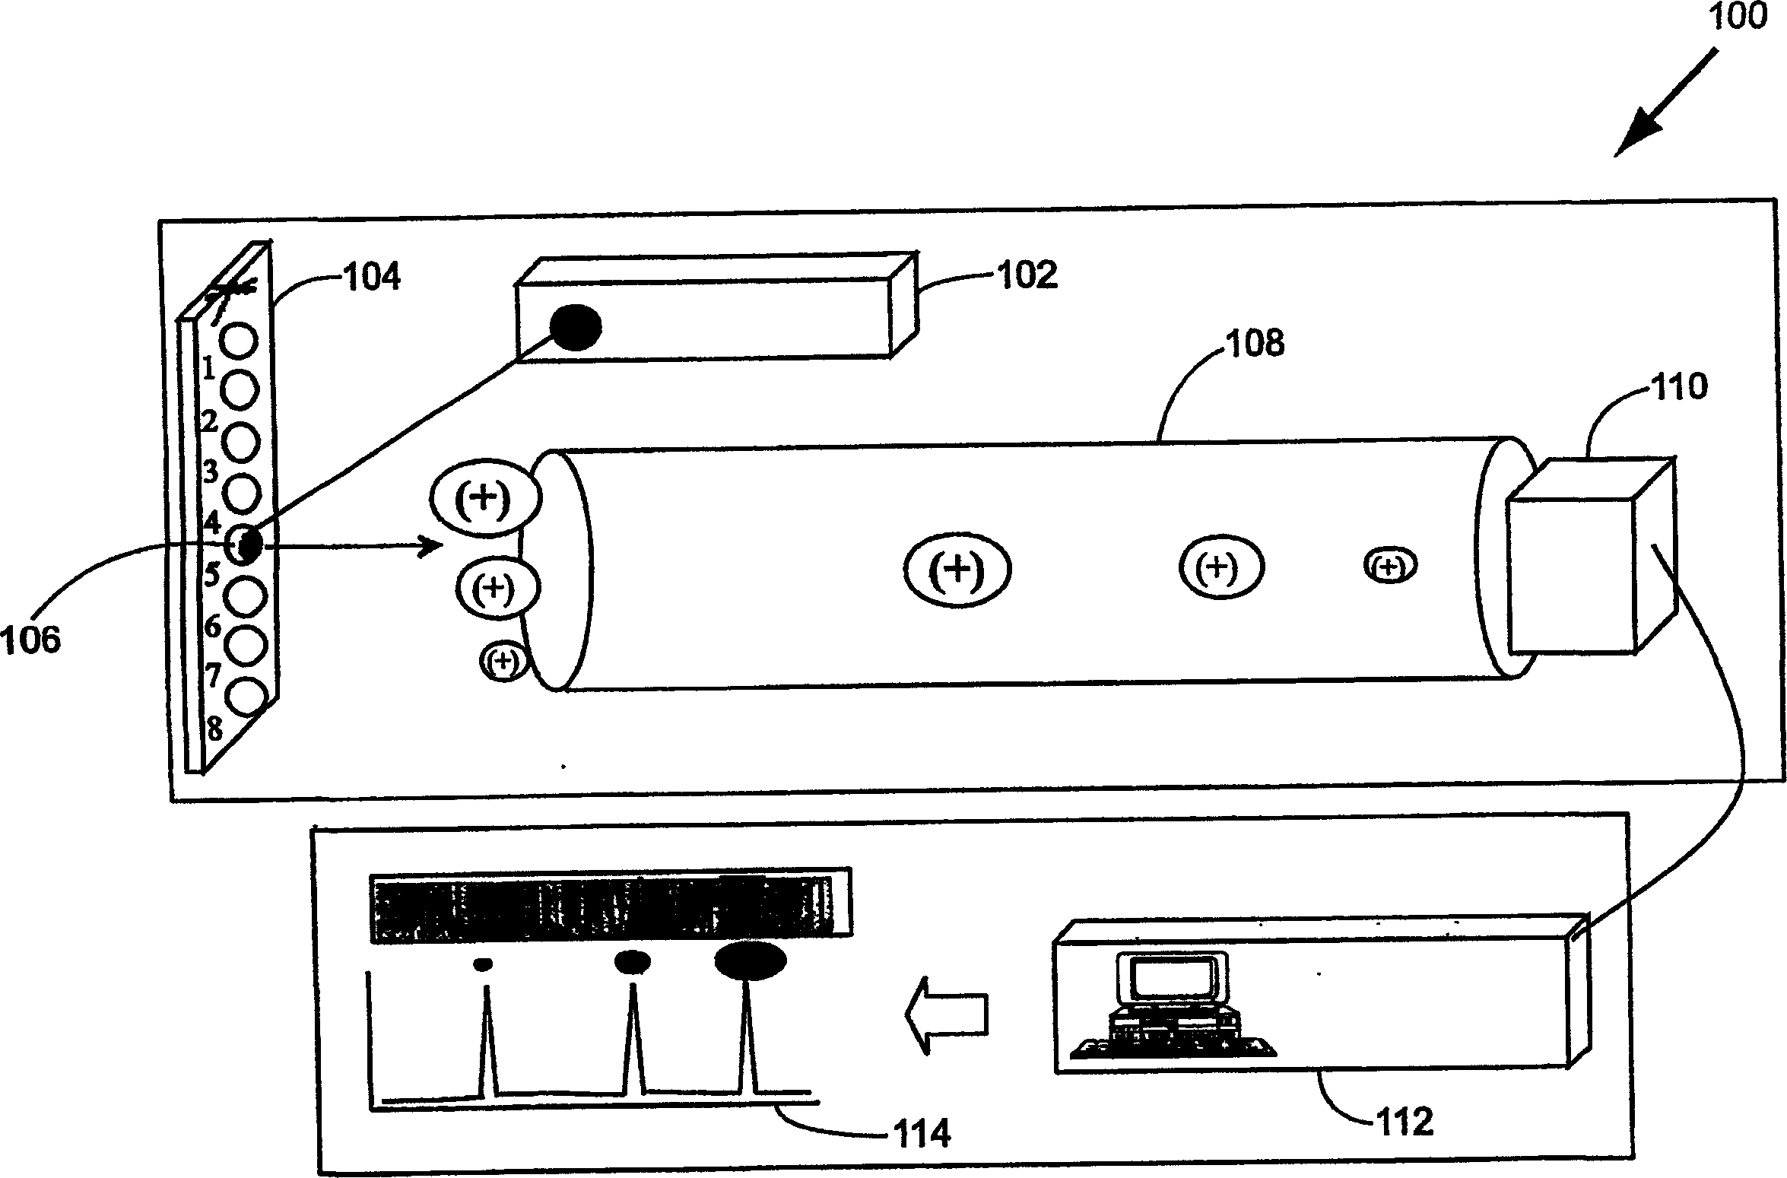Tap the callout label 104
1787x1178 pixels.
coord(372,277)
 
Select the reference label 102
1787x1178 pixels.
coord(1027,275)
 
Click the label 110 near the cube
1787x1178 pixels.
coord(1680,387)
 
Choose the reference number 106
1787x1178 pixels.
coord(30,640)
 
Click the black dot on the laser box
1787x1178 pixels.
coord(576,327)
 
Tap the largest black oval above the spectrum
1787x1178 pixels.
coord(750,960)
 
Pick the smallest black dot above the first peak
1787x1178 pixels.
coord(482,964)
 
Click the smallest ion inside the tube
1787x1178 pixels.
coord(1390,566)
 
